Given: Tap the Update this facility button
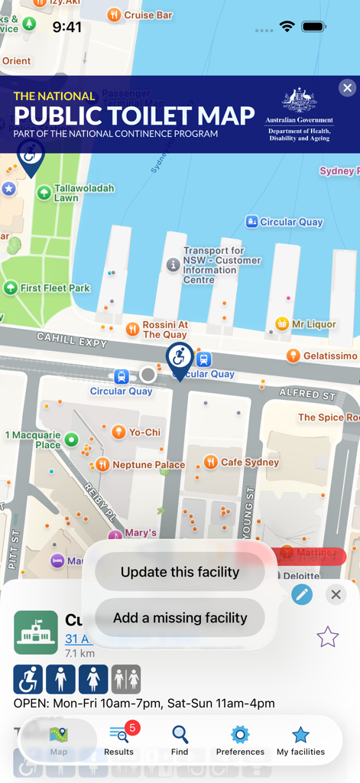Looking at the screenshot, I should pos(180,572).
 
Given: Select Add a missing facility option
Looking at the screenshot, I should pos(180,618).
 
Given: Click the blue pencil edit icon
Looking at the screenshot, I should pos(302,594).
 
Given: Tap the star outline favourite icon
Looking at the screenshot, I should pos(327,636).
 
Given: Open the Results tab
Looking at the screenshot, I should pos(119,741).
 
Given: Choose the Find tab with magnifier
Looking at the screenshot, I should pos(180,741).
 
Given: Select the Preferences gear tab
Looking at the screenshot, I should pos(240,741).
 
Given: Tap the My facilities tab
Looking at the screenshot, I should pos(300,741).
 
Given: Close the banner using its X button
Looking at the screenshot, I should pos(347,88).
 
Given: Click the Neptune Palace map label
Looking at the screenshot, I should pos(148,465).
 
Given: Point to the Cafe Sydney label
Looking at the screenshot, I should pos(249,462).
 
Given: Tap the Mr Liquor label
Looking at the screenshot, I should pos(313,324).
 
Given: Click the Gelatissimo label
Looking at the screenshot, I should pos(329,356).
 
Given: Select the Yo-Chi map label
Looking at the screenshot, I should pos(144,432).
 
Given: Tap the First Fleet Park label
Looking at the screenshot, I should pos(55,288).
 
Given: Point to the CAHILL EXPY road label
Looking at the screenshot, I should pos(72,339).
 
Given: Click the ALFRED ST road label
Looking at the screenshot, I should pos(308,395).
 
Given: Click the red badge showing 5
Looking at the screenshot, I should pos(132,728).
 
